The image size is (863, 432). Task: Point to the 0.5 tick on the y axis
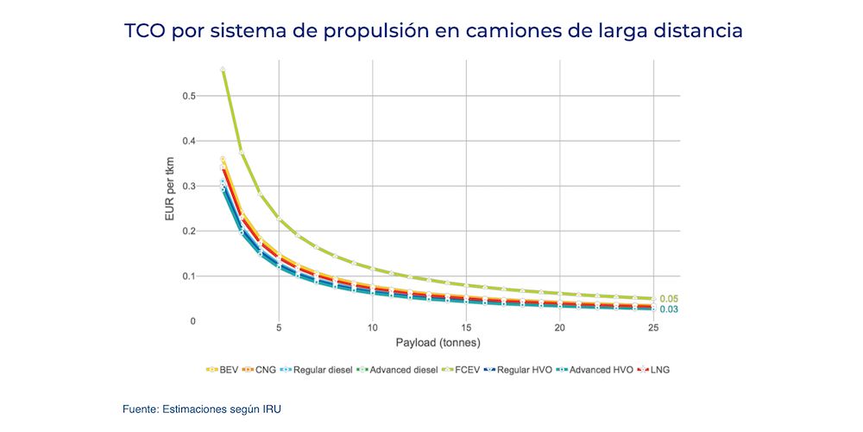pos(188,96)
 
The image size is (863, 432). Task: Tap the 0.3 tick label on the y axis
pos(188,186)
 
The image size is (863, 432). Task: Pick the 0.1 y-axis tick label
pos(188,276)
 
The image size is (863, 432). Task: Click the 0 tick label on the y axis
pos(192,321)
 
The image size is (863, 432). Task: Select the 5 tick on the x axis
pos(278,328)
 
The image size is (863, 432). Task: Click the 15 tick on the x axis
pos(465,328)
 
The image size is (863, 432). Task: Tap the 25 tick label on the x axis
pos(653,328)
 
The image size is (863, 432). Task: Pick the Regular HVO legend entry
pos(522,370)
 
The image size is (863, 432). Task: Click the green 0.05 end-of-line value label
pos(669,298)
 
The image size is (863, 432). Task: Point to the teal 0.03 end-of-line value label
pos(669,309)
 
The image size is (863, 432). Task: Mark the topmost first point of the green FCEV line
pos(223,69)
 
